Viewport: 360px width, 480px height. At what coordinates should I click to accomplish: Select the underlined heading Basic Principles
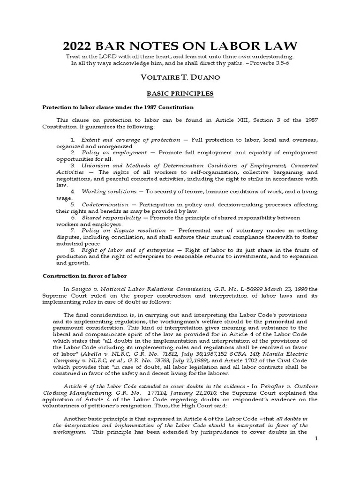click(180, 94)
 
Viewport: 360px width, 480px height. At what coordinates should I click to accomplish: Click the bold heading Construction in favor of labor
click(85, 276)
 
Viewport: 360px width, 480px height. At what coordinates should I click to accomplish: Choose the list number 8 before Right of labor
click(73, 250)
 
